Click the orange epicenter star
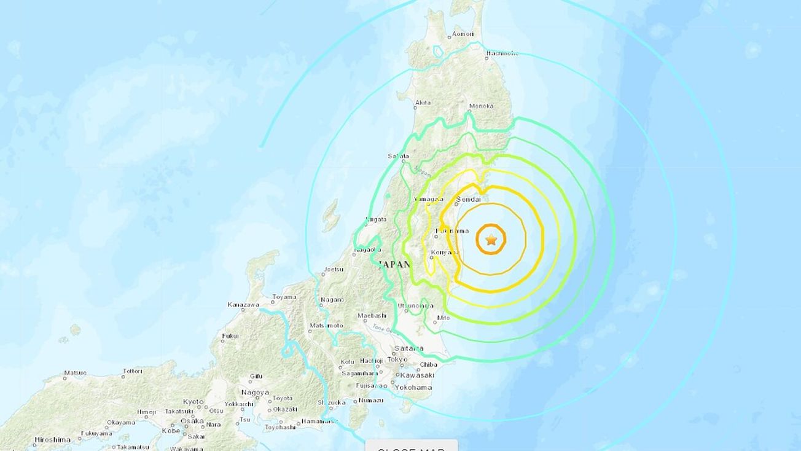491,240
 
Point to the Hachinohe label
502,53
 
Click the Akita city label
423,103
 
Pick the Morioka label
481,106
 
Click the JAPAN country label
394,264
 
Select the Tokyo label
397,359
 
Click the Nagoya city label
255,392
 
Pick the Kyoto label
193,401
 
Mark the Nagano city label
332,300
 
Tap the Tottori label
132,371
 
